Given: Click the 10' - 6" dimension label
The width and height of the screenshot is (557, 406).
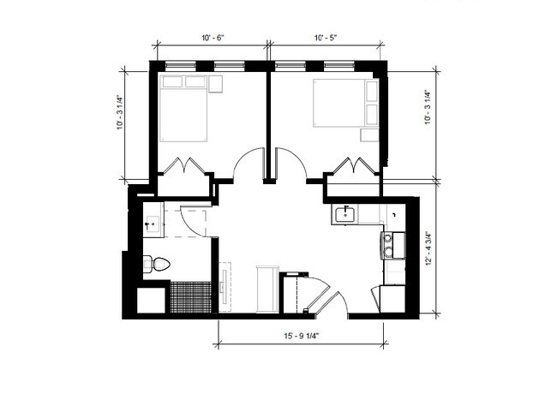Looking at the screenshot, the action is pyautogui.click(x=213, y=38).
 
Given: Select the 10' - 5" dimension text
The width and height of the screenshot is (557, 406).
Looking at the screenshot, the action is pyautogui.click(x=325, y=38).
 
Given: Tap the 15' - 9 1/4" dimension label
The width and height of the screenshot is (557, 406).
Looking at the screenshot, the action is pyautogui.click(x=302, y=336).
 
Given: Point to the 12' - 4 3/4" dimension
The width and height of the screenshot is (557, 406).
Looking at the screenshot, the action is pyautogui.click(x=428, y=248).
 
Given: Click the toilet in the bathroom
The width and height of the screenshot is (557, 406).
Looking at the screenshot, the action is pyautogui.click(x=157, y=264).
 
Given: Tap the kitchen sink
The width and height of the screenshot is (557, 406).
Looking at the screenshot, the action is pyautogui.click(x=345, y=214).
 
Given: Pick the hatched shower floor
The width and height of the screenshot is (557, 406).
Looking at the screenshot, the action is pyautogui.click(x=191, y=297).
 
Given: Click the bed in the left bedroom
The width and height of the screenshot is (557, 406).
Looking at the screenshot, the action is pyautogui.click(x=183, y=109).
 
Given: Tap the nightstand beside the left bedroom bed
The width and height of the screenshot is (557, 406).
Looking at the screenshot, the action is pyautogui.click(x=215, y=84).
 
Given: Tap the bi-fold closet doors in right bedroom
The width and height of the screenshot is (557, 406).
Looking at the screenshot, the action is pyautogui.click(x=353, y=165).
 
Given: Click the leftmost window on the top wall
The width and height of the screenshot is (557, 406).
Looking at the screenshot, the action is pyautogui.click(x=181, y=65).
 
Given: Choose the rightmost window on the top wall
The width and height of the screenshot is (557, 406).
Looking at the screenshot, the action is pyautogui.click(x=339, y=65).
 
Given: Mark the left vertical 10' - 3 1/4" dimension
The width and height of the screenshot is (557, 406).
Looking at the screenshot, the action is pyautogui.click(x=121, y=112).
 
